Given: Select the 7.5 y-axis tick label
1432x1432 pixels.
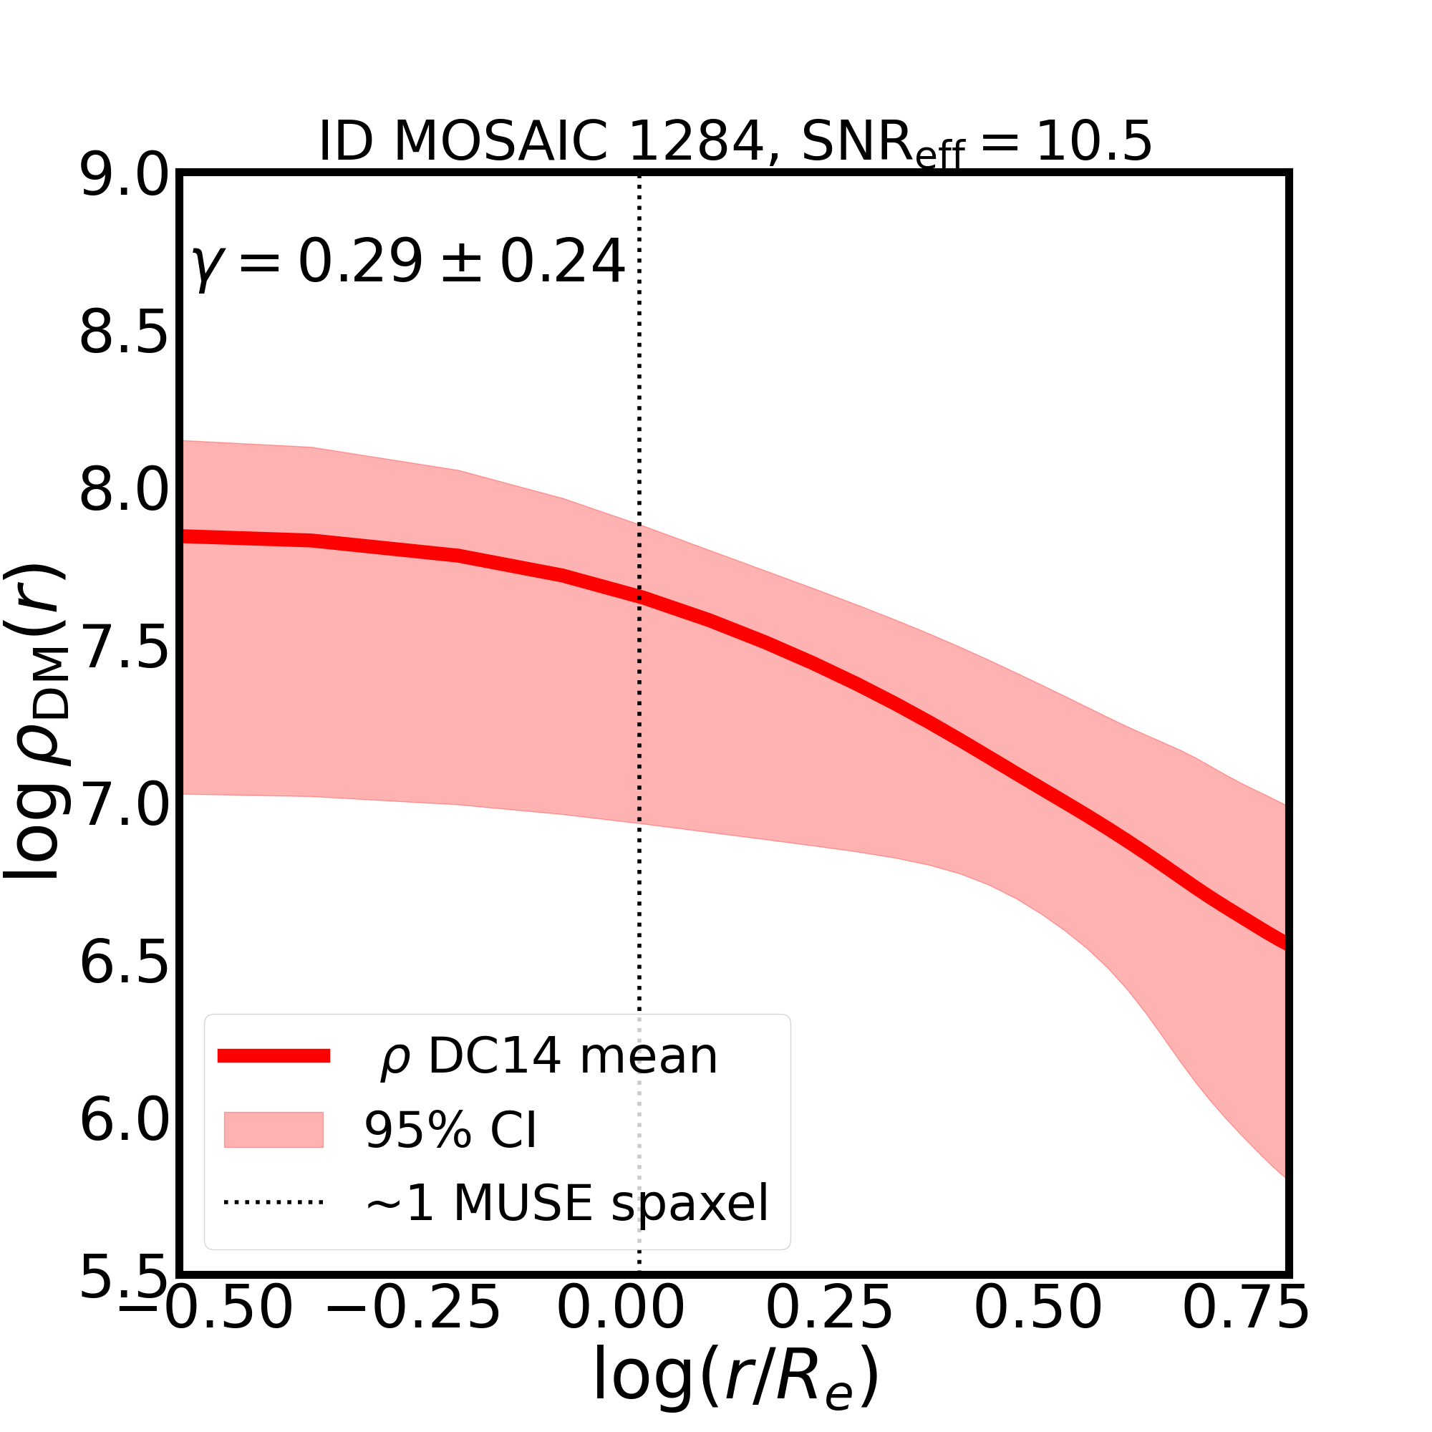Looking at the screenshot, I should tap(124, 649).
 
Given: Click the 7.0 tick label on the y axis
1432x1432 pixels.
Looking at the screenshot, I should tap(124, 805).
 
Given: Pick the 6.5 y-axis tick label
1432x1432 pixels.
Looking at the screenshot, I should tap(124, 964).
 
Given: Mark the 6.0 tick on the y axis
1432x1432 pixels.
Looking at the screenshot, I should tap(124, 1121).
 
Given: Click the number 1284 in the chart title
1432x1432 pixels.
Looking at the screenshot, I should tap(695, 141).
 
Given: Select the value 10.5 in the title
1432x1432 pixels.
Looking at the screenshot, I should tap(1093, 141).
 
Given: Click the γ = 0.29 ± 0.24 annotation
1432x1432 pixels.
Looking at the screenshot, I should tap(407, 262).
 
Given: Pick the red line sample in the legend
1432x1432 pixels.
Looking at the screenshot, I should tap(274, 1056).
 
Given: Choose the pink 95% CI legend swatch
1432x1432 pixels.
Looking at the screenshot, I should tap(274, 1130).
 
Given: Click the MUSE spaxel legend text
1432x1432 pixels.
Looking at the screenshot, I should tap(567, 1204).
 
